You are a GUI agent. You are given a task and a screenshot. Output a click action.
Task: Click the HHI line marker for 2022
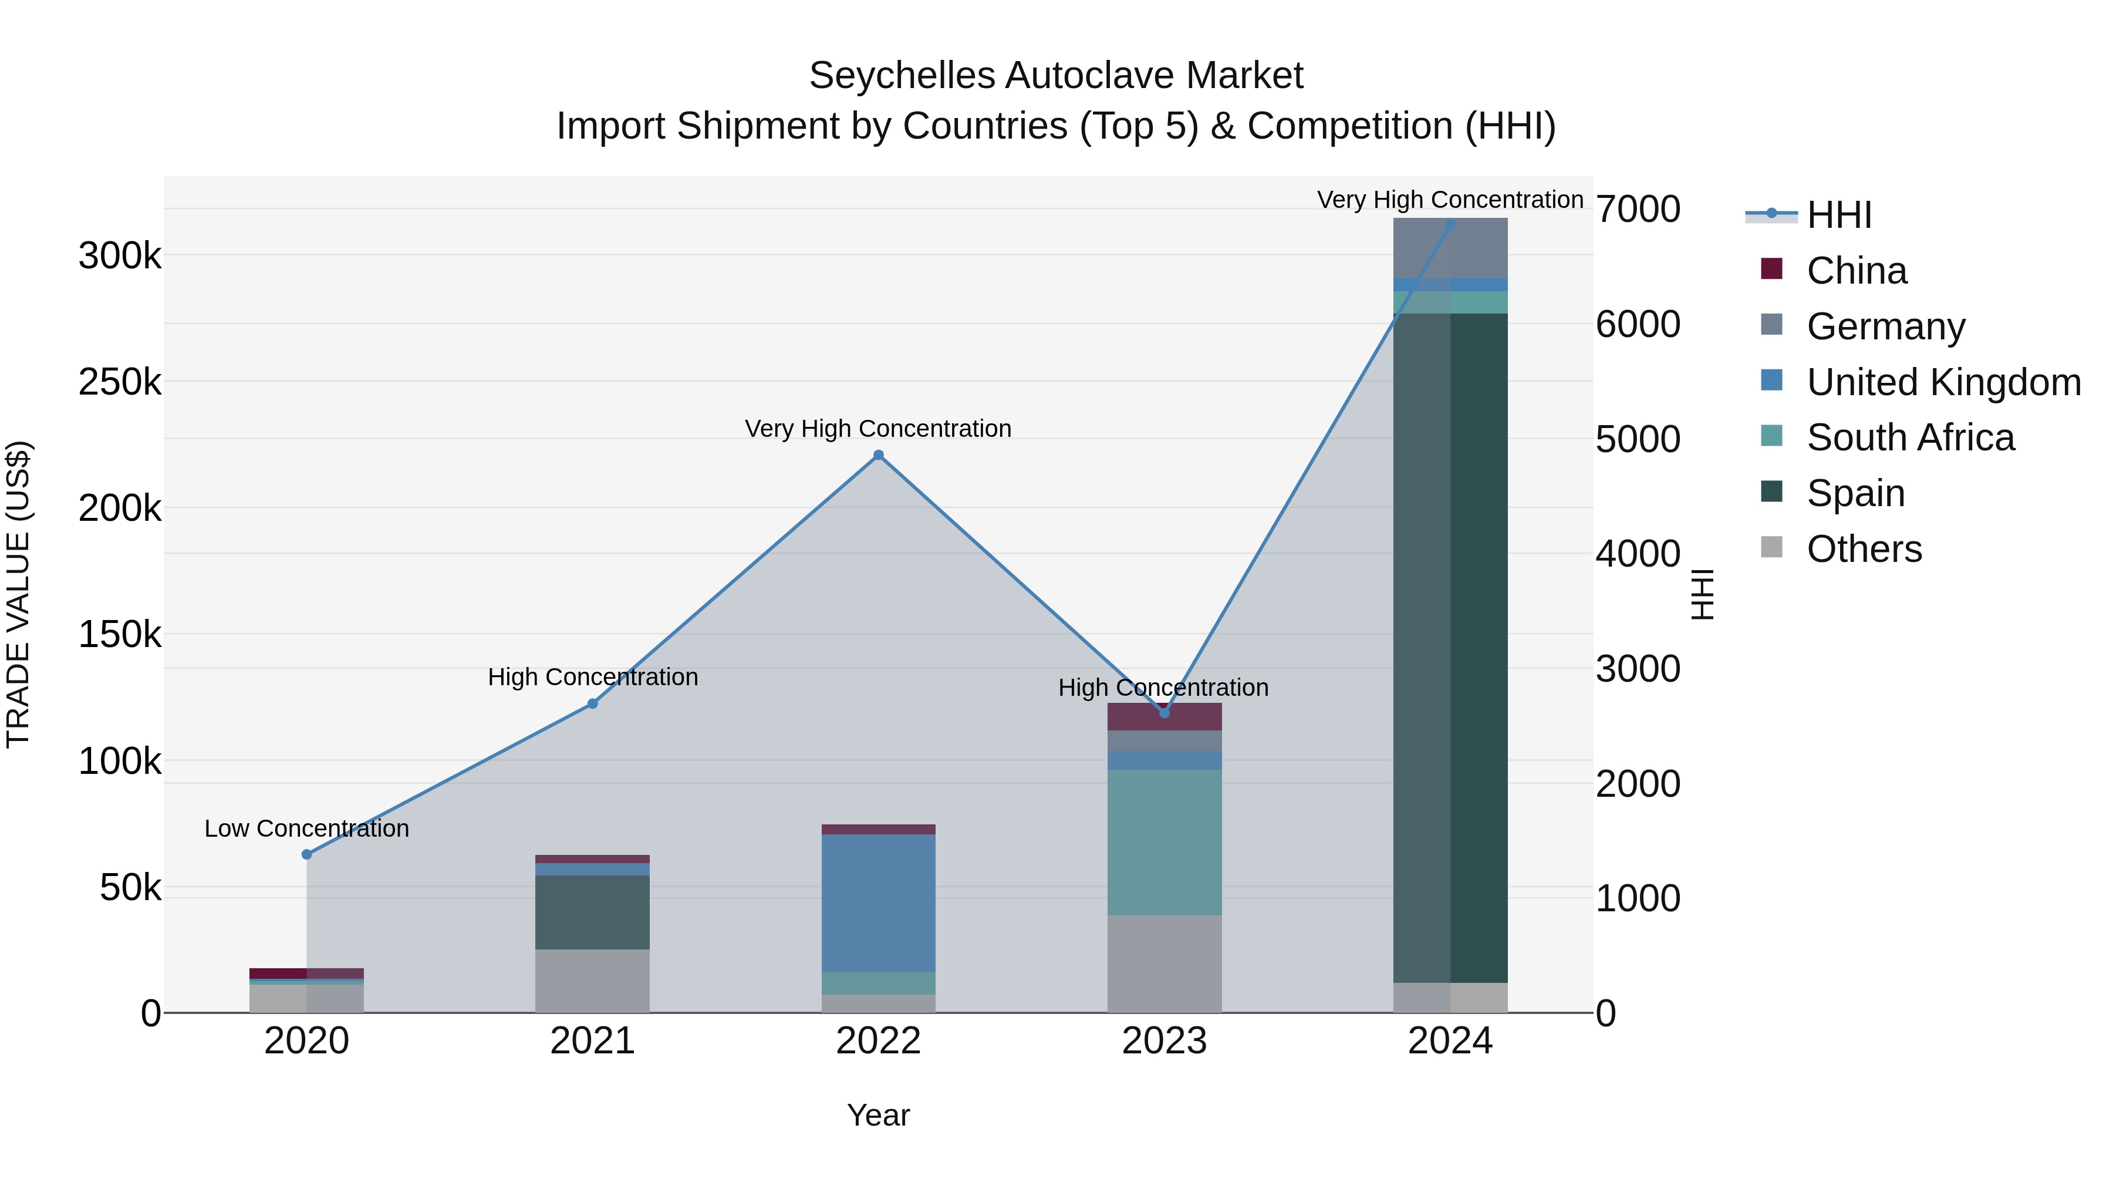click(x=879, y=456)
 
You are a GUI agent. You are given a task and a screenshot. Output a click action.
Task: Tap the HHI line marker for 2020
click(x=307, y=854)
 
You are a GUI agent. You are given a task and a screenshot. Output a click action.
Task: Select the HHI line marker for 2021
click(x=592, y=703)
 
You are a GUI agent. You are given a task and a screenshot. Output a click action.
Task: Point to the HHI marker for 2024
click(x=1450, y=224)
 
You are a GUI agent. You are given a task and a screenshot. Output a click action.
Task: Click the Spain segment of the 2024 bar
click(x=1450, y=648)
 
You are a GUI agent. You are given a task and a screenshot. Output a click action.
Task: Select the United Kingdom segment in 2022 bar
click(x=879, y=902)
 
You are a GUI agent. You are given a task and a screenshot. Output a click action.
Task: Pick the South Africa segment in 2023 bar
click(x=1164, y=842)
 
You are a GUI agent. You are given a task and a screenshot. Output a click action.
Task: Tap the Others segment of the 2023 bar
click(x=1164, y=964)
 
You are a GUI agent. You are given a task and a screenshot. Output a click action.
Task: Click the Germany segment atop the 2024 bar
click(x=1450, y=248)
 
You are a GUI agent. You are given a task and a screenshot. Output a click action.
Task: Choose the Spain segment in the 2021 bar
click(x=592, y=912)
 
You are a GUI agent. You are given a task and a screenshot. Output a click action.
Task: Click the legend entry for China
click(x=1857, y=271)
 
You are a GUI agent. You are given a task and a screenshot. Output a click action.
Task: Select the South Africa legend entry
click(x=1909, y=437)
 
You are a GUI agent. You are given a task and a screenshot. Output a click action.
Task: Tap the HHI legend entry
click(x=1838, y=215)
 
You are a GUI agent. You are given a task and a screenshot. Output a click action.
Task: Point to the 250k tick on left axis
click(x=120, y=382)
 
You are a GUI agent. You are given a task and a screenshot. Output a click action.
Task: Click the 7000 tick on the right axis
click(x=1637, y=209)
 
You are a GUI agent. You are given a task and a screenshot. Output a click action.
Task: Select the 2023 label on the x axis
click(x=1164, y=1041)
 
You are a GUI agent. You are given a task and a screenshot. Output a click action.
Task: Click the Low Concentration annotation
click(x=307, y=828)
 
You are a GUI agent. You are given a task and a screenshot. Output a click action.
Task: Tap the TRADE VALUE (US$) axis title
click(x=18, y=594)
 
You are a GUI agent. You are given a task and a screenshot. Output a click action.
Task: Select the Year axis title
click(x=879, y=1115)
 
